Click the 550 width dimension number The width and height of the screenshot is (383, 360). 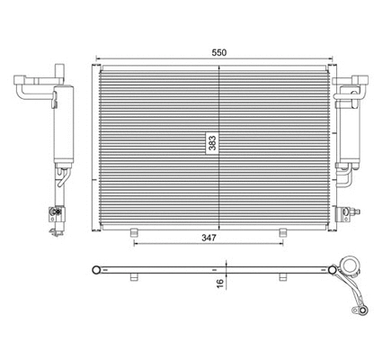tap(218, 52)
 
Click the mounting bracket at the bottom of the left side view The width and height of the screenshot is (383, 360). tap(56, 215)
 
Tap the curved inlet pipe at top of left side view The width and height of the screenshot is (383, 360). tap(27, 86)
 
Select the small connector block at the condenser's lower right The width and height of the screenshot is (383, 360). tap(343, 213)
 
